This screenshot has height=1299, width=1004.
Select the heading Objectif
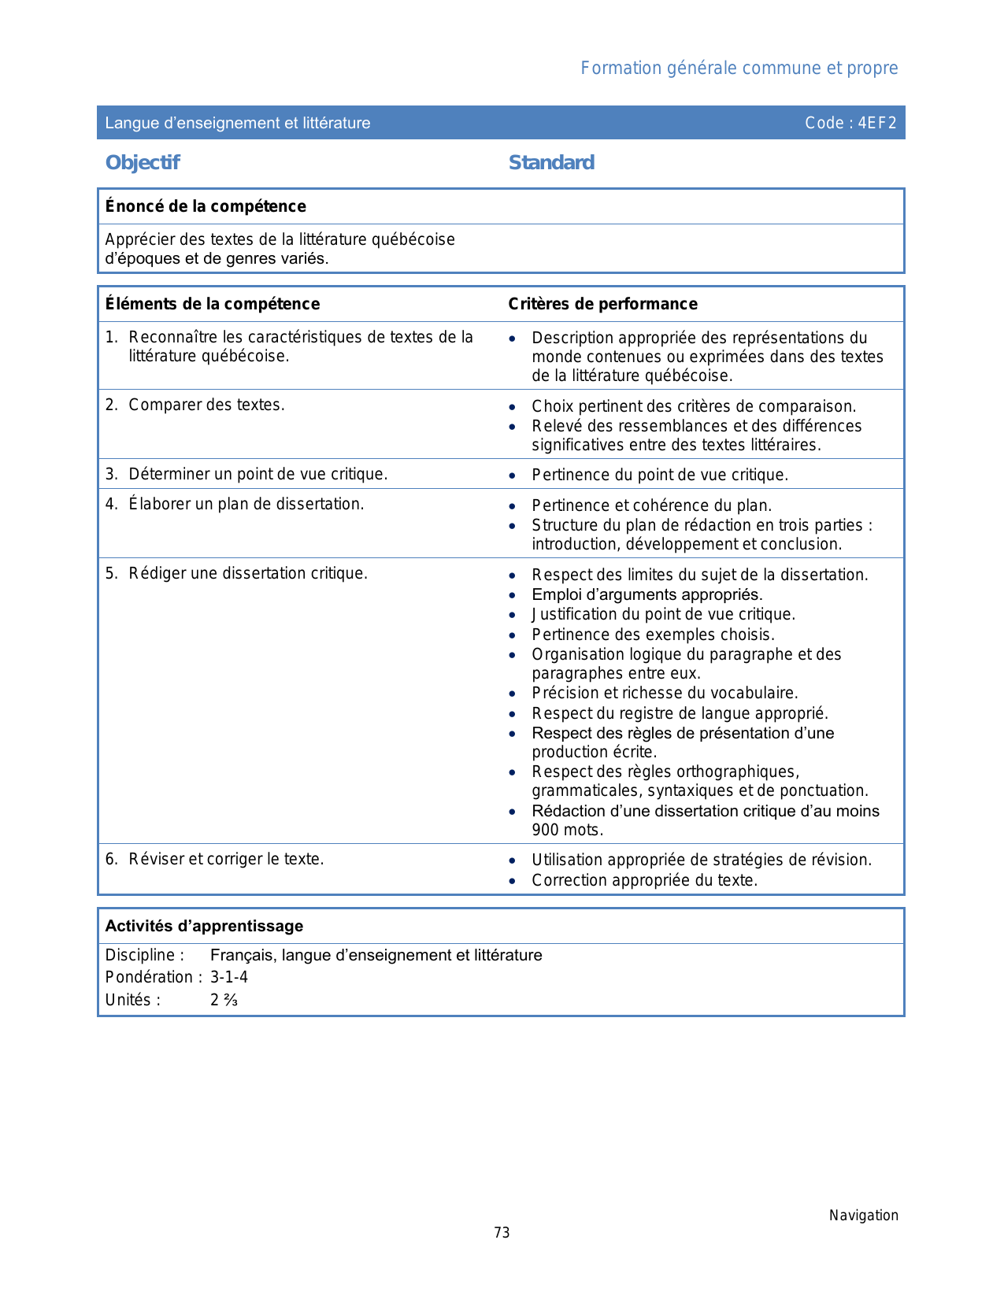coord(143,163)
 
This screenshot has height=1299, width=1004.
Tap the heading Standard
coord(551,163)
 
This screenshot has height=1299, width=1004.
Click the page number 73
coord(502,1233)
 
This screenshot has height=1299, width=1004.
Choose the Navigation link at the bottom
coord(863,1216)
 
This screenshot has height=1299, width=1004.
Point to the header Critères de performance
coord(602,304)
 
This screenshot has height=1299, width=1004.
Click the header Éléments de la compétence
coord(213,304)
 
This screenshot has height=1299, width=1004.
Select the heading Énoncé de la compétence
coord(206,206)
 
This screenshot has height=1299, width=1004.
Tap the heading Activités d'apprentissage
coord(204,926)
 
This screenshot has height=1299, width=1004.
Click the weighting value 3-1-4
coord(229,977)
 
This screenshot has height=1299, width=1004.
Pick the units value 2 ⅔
coord(224,1000)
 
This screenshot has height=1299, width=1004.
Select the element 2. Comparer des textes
coord(195,405)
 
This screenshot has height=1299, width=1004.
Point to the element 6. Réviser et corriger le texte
coord(215,859)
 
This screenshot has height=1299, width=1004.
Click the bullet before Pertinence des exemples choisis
coord(513,635)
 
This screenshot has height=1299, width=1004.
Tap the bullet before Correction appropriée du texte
coord(513,880)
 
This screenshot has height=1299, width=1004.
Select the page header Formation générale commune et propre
coord(739,68)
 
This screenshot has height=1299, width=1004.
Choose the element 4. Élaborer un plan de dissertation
coord(235,504)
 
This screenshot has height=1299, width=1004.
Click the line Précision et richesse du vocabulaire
coord(665,693)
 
